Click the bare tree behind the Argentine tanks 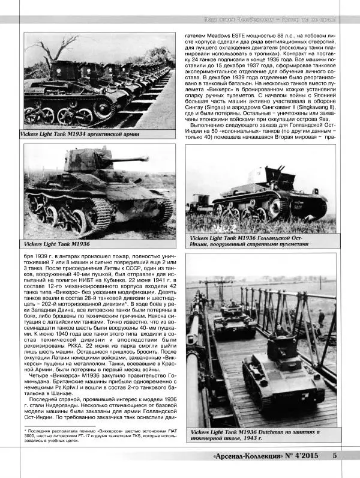(56, 48)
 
